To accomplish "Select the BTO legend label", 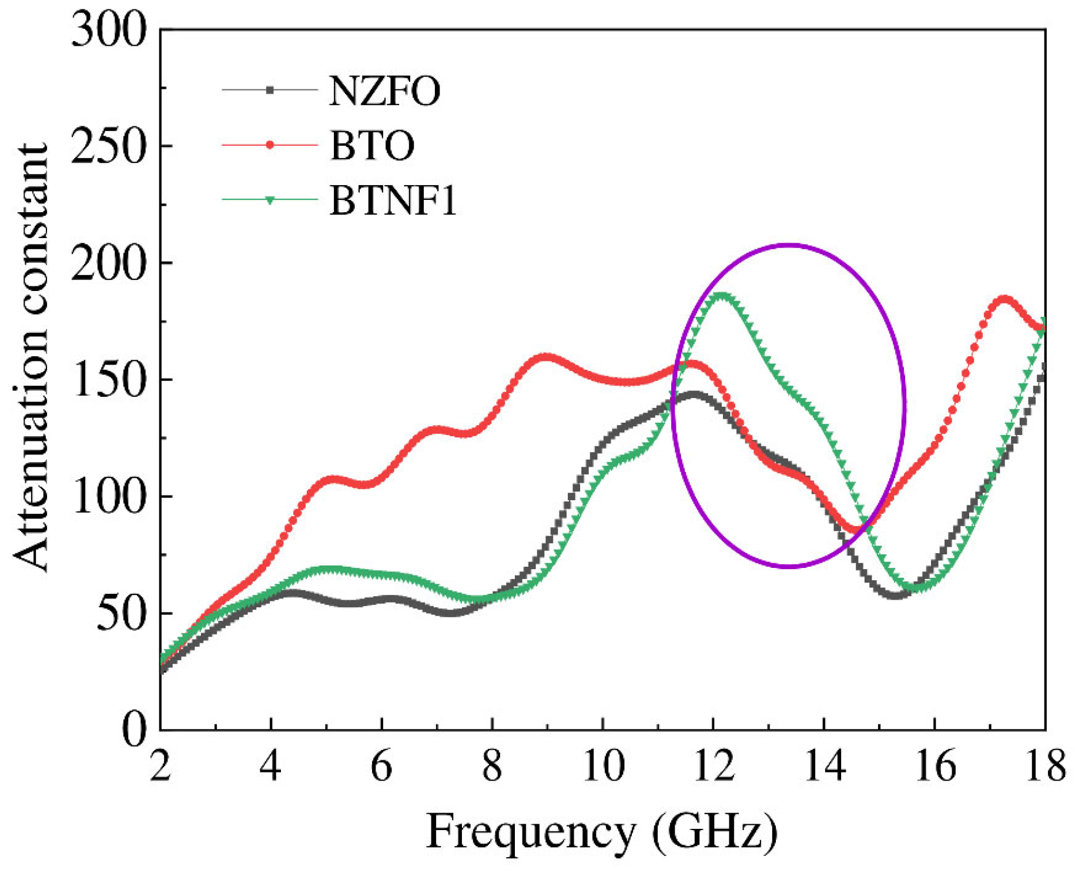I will coord(372,145).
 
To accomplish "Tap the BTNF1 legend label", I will coord(393,200).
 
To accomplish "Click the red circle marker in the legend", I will coord(270,145).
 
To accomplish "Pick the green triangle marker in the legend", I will coord(270,200).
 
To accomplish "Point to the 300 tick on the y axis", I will coord(108,30).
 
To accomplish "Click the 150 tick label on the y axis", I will coord(108,380).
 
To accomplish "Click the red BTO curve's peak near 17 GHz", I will coord(1004,300).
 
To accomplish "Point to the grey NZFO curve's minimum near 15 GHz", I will coord(894,595).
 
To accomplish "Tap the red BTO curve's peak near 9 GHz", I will coord(545,357).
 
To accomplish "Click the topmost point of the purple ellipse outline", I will coord(789,245).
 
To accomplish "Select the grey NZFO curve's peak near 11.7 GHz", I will coord(694,394).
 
